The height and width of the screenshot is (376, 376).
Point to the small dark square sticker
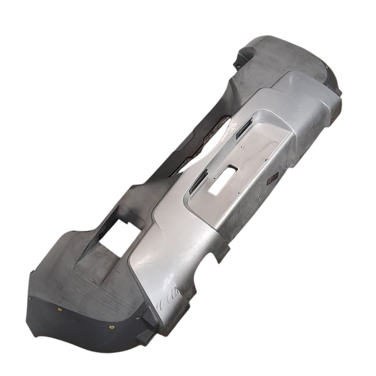pos(271,180)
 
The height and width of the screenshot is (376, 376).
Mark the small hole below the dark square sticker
pos(267,191)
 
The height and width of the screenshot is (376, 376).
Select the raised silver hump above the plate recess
pos(295,94)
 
